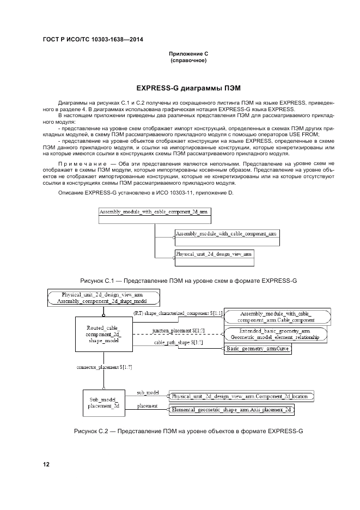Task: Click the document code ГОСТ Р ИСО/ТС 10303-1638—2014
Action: (x=89, y=41)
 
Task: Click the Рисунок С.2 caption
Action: (x=188, y=432)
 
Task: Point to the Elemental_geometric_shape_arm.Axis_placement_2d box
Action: (x=231, y=409)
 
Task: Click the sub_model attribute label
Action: (x=148, y=392)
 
